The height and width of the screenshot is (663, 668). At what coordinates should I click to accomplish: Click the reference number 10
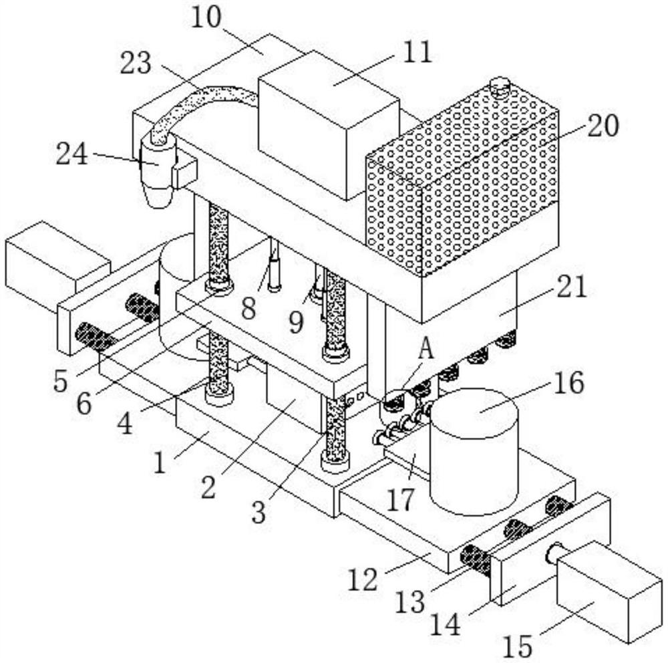click(x=206, y=18)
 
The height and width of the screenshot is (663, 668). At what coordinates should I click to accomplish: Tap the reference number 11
click(x=417, y=52)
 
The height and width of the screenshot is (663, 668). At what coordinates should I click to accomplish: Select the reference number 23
click(x=136, y=63)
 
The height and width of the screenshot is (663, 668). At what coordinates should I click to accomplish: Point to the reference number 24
click(x=71, y=154)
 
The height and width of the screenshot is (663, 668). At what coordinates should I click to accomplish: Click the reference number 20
click(x=603, y=126)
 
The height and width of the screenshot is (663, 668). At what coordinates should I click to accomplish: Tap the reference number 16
click(x=568, y=382)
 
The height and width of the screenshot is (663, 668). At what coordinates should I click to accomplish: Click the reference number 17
click(x=400, y=499)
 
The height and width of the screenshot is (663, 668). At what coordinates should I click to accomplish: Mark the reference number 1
click(x=160, y=462)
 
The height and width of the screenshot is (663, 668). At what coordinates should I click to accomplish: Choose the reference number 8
click(x=248, y=308)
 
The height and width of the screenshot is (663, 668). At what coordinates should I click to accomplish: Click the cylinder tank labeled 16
click(x=474, y=452)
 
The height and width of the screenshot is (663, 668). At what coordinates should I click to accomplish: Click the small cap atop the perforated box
click(x=500, y=84)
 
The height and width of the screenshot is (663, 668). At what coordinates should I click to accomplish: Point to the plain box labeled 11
click(x=329, y=126)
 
